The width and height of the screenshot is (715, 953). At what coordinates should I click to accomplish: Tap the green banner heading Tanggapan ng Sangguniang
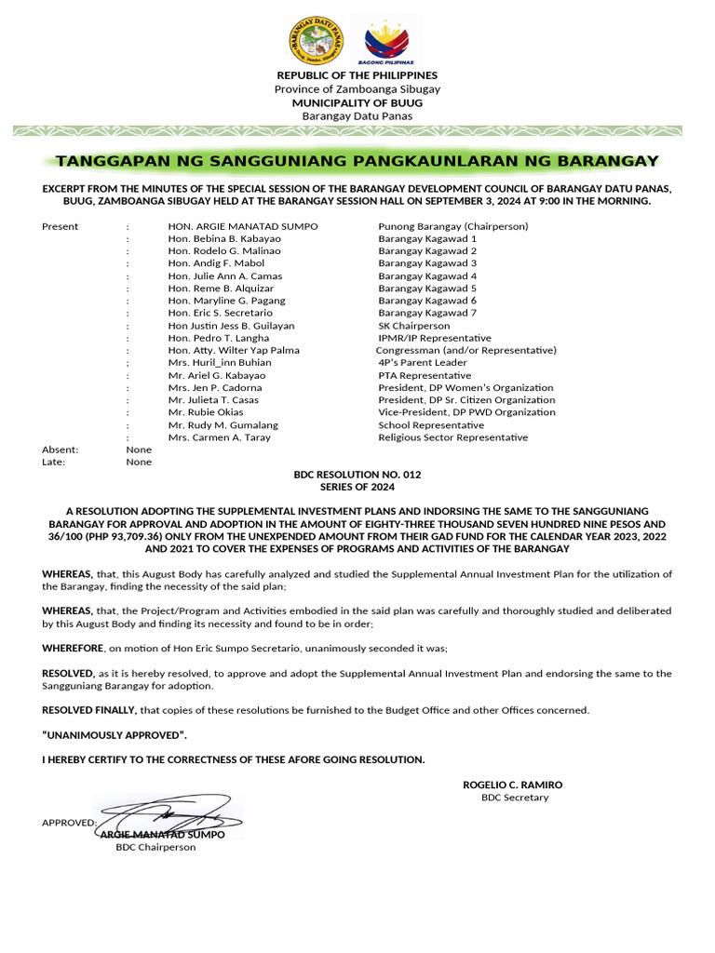[357, 161]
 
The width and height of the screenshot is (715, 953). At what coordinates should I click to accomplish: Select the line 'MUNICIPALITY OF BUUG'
[357, 102]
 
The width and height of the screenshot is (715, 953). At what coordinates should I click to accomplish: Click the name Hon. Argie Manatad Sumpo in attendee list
[242, 226]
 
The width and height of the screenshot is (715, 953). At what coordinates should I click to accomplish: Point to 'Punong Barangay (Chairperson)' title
[452, 226]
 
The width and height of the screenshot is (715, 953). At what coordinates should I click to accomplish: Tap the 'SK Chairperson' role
[413, 326]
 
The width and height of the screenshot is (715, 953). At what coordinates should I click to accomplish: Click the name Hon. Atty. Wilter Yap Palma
[234, 351]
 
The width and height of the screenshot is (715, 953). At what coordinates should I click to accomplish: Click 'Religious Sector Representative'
[452, 437]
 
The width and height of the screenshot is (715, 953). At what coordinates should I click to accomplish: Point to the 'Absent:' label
[61, 450]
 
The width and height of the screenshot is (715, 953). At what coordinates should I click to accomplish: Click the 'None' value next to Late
[139, 462]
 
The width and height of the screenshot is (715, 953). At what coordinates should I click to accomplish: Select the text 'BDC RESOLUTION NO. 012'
[357, 475]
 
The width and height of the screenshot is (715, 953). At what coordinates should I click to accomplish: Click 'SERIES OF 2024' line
[357, 487]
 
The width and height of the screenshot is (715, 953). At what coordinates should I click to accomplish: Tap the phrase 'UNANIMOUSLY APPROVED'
[108, 735]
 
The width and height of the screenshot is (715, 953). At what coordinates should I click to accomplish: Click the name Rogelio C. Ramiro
[513, 785]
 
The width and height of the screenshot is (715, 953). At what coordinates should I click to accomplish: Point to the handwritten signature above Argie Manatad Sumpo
[168, 814]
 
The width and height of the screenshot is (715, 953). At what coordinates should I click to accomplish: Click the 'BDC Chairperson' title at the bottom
[155, 848]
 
